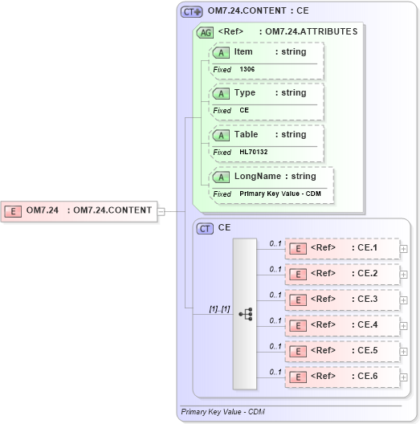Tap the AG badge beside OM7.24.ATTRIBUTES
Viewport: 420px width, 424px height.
tap(206, 33)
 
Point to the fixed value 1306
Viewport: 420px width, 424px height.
tap(247, 70)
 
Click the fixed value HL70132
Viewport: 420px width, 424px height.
tap(253, 152)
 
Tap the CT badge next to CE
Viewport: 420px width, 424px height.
tap(206, 228)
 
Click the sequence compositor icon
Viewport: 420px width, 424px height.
tap(245, 314)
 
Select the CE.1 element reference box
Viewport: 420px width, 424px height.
tap(342, 249)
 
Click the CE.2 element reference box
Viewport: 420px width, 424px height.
tap(342, 274)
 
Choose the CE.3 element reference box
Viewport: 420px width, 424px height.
tap(342, 300)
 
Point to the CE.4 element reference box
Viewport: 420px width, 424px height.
tap(342, 325)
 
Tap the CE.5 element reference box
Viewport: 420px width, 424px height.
tap(342, 351)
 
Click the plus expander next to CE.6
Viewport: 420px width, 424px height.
tap(404, 377)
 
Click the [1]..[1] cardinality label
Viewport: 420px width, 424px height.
tap(219, 308)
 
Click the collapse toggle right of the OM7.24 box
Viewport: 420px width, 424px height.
tap(161, 211)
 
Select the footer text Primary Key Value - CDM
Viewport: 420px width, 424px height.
tap(222, 411)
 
